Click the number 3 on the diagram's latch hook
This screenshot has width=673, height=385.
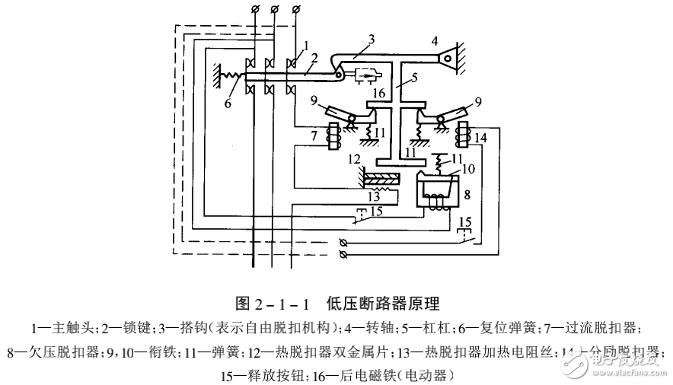pyautogui.click(x=371, y=40)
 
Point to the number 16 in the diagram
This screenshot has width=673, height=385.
pyautogui.click(x=378, y=93)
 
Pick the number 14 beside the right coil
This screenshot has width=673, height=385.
pyautogui.click(x=480, y=138)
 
